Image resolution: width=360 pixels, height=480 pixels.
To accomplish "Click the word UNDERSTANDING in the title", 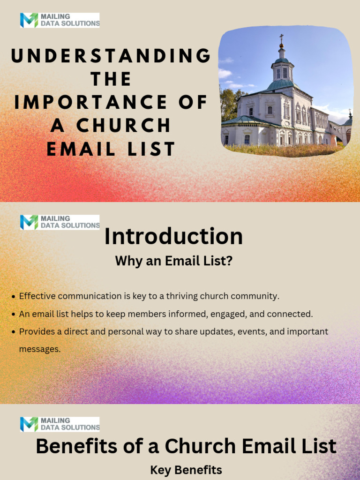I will [x=111, y=56].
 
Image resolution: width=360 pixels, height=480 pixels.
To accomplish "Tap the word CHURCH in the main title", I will [x=124, y=126].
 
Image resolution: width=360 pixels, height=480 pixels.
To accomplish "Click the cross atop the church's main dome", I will [x=281, y=37].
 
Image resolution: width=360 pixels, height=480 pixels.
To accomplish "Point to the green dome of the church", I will [x=280, y=84].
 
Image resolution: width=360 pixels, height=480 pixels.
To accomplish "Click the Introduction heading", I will [x=173, y=236].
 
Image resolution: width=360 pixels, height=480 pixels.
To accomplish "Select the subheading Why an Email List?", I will [x=173, y=261].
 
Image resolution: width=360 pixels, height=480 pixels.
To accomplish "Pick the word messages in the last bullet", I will [x=39, y=349].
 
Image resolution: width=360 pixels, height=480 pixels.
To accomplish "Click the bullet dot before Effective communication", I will [x=14, y=297].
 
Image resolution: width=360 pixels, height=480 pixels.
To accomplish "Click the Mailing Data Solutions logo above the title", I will [x=60, y=20].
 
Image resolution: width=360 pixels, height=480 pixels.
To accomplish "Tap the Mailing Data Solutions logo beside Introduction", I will [x=60, y=222].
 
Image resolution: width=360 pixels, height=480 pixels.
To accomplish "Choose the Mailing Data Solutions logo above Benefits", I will [x=60, y=424].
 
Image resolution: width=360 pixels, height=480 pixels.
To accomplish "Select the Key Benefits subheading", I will [x=186, y=470].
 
